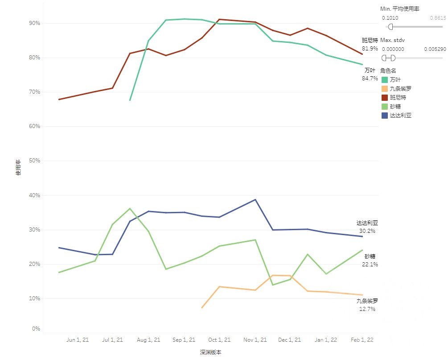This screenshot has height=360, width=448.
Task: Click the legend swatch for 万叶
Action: click(385, 79)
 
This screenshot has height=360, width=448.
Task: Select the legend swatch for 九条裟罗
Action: click(385, 88)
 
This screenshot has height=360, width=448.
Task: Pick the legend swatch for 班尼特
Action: click(385, 97)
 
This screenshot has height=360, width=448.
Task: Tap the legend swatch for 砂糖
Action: click(385, 106)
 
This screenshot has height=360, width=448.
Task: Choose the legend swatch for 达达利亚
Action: click(385, 116)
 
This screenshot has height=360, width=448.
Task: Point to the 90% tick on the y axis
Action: click(35, 23)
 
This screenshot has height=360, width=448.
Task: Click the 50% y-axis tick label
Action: click(35, 161)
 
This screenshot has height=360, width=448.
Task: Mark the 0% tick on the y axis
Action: click(36, 329)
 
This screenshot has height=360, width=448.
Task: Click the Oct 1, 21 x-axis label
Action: click(219, 340)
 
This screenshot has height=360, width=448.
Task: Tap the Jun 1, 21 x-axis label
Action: click(78, 340)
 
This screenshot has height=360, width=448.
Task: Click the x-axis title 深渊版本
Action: click(210, 352)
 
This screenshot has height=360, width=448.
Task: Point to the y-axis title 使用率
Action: click(18, 167)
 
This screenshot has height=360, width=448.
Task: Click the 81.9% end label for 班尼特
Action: click(370, 49)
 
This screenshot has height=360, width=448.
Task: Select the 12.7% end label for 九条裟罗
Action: click(367, 309)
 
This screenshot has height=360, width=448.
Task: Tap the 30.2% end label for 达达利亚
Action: click(367, 231)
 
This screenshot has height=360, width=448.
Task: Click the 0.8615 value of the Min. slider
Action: click(437, 18)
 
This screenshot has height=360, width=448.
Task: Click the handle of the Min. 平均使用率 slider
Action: click(390, 27)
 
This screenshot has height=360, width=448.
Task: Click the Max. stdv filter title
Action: click(392, 40)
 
